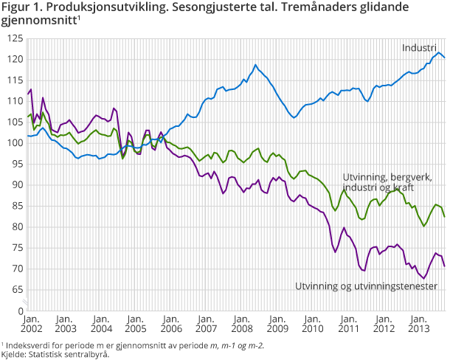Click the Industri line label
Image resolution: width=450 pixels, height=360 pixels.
(419, 48)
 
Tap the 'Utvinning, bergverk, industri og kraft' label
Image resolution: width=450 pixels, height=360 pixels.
(387, 183)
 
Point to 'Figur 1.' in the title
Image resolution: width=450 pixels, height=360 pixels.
(23, 7)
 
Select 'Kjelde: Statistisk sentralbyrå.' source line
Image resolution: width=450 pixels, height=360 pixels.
(55, 354)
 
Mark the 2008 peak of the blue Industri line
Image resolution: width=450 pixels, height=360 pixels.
(256, 65)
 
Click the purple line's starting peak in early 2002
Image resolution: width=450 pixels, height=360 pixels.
(30, 89)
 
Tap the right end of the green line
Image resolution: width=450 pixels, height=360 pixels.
(444, 217)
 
